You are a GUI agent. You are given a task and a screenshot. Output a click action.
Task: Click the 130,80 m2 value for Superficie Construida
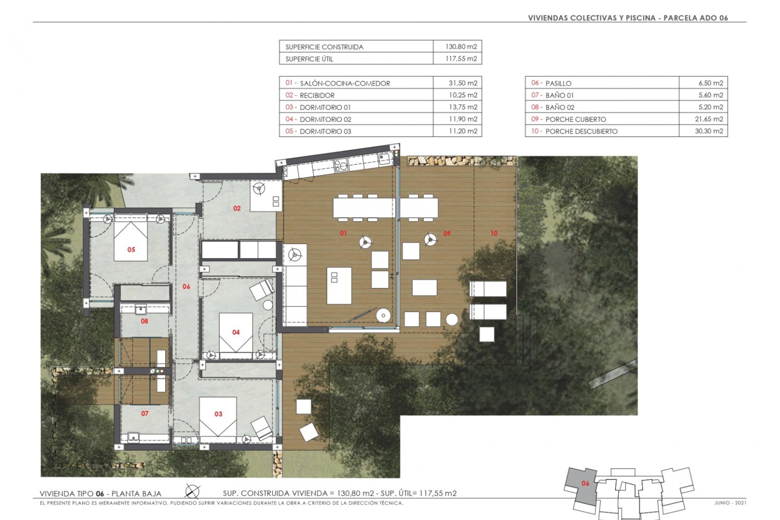[x=461, y=47]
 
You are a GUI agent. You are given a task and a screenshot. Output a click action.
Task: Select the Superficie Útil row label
[x=309, y=59]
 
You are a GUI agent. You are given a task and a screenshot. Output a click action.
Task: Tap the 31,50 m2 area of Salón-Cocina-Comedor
[x=463, y=83]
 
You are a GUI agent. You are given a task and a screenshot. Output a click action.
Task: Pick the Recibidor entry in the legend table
[x=317, y=95]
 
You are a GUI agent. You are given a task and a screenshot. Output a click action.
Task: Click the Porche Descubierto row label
[x=581, y=131]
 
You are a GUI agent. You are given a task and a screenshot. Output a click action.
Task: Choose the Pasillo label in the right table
[x=558, y=83]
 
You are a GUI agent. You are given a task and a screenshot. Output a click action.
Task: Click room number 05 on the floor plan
[x=131, y=249]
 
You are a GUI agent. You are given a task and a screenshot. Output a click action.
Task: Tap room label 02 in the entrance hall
[x=237, y=208]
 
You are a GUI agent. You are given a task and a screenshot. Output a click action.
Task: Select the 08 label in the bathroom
[x=144, y=321]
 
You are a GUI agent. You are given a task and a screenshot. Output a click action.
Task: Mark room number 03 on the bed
[x=218, y=414]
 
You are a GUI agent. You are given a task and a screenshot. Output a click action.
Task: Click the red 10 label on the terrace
[x=494, y=233]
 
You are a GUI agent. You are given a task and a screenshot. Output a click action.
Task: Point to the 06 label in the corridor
[x=186, y=287]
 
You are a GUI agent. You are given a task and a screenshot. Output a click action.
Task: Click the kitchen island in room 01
[x=339, y=285]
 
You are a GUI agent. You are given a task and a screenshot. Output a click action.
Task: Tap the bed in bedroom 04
[x=236, y=333]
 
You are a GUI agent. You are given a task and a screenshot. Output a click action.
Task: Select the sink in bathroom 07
[x=133, y=438]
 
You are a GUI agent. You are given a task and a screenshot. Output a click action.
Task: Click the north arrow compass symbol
[x=192, y=491]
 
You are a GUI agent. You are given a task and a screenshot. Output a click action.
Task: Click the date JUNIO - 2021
[x=730, y=503]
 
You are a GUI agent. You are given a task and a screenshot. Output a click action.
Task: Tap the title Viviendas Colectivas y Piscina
[x=592, y=18]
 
